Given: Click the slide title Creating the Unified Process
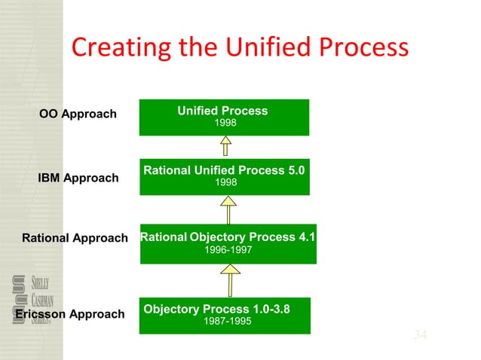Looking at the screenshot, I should click(240, 47).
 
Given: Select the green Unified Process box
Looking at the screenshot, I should click(224, 117).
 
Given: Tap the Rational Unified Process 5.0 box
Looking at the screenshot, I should click(224, 177).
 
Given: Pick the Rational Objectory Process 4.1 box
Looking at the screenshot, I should click(228, 243).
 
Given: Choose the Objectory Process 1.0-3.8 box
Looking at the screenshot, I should click(225, 316).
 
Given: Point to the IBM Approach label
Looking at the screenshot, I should click(78, 178).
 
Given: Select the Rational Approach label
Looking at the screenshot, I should click(75, 239).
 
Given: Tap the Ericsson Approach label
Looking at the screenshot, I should click(69, 314).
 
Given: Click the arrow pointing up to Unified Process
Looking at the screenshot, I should click(224, 146).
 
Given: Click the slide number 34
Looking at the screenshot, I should click(420, 334).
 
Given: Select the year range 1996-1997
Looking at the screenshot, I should click(228, 250).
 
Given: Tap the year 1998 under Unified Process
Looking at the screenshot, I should click(225, 123).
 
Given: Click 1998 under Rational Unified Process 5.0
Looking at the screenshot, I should click(225, 183).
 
